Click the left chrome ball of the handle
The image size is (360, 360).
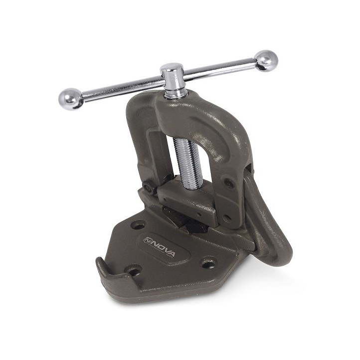pos(71,99)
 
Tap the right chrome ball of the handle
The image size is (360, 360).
pos(266,61)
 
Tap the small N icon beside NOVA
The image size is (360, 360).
pos(147,240)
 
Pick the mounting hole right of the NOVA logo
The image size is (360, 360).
pos(209,262)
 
